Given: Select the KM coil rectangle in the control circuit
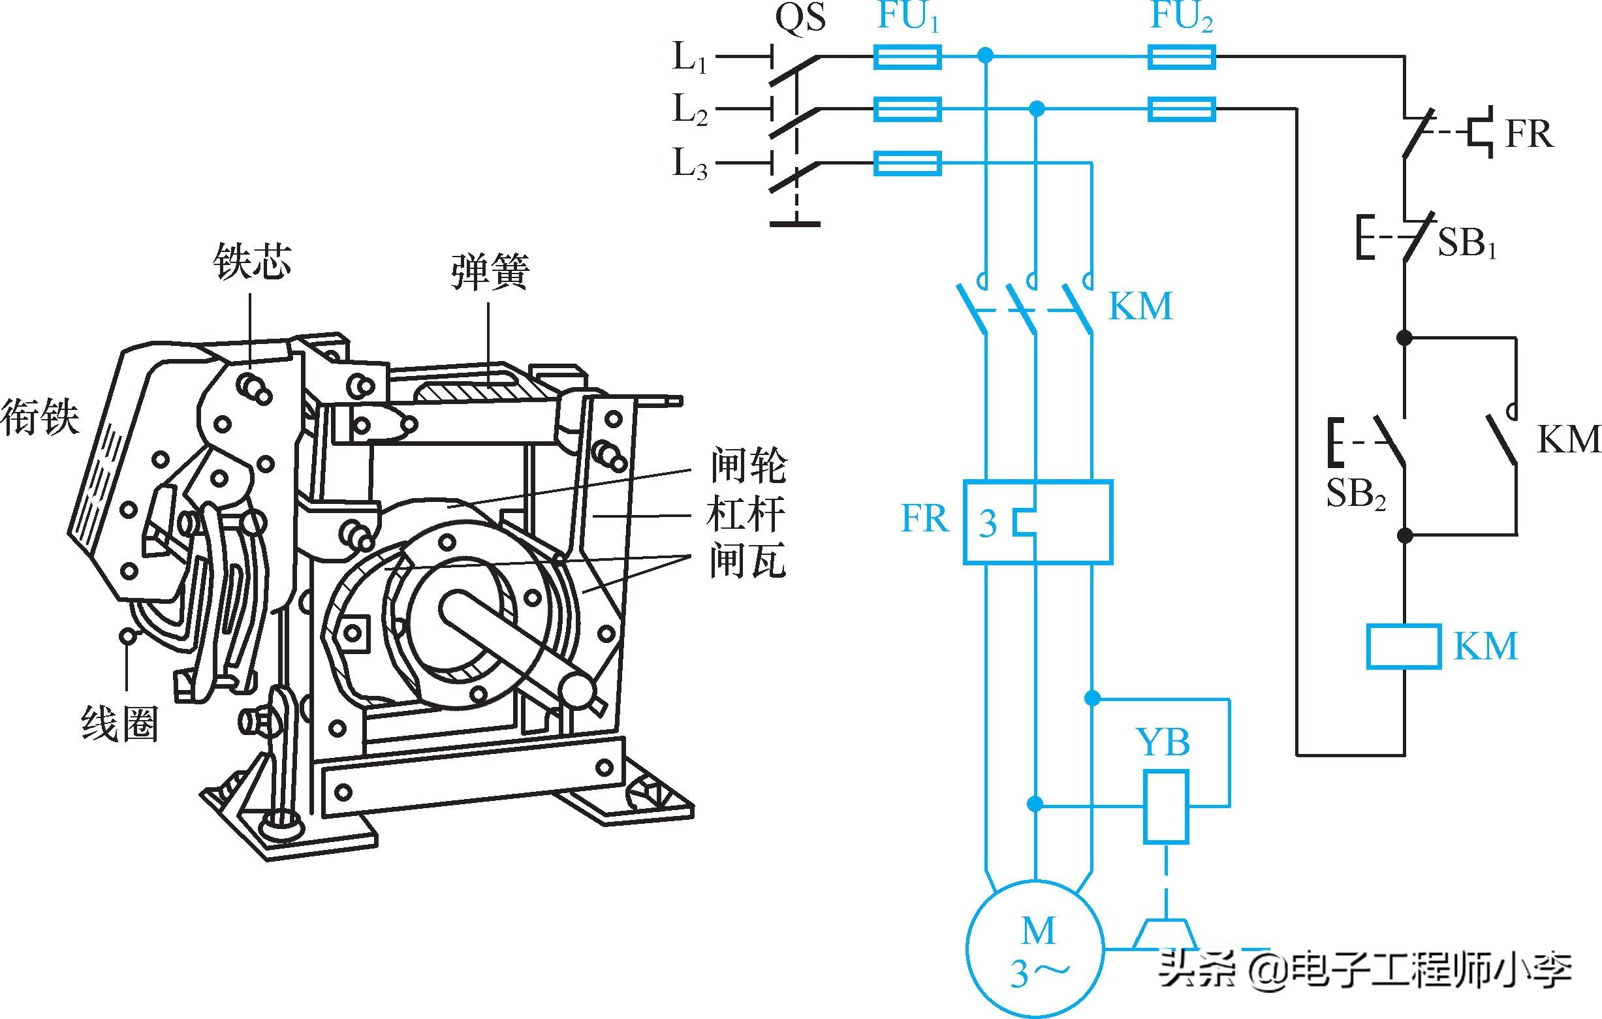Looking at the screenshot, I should [x=1404, y=645].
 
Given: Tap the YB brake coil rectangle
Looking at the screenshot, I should [x=1166, y=807].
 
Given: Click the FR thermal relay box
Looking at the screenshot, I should [x=1038, y=522].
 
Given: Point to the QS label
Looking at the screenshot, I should [x=801, y=18].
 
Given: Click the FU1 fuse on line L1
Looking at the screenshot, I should [x=907, y=57].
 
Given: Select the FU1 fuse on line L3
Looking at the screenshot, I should [x=907, y=163].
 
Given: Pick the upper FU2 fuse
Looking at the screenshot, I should [x=1182, y=57].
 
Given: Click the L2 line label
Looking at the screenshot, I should [x=690, y=110].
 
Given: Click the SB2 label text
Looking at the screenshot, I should [x=1356, y=494].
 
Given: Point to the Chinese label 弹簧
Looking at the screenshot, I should [x=490, y=272].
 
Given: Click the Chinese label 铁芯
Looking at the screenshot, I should [x=252, y=261].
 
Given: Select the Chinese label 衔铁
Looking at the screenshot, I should [x=40, y=417].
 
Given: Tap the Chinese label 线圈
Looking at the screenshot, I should [x=119, y=724].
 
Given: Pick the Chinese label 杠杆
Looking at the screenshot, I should [x=746, y=514].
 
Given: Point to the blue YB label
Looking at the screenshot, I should [x=1163, y=742].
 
